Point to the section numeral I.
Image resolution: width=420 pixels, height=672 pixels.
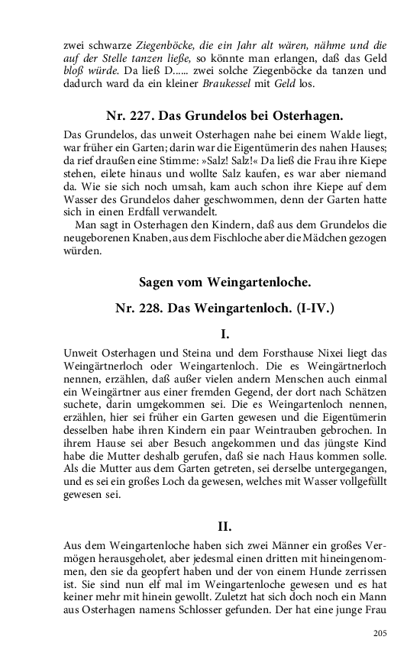click(x=225, y=334)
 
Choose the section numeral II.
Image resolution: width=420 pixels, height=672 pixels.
click(x=225, y=526)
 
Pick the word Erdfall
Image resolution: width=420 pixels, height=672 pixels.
click(x=153, y=211)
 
